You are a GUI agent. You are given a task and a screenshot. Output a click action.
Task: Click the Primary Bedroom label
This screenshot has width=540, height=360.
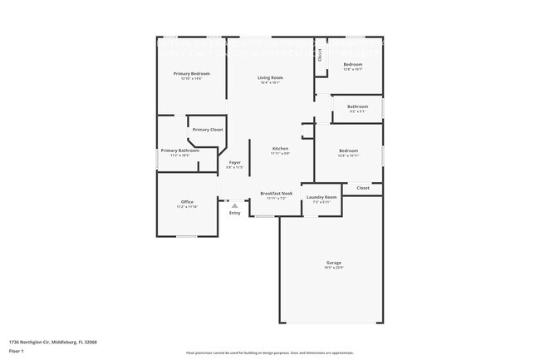[191, 74]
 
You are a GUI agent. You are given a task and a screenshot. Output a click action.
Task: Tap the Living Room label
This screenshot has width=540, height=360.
[269, 78]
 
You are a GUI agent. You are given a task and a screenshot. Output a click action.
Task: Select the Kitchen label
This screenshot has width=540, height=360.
[280, 149]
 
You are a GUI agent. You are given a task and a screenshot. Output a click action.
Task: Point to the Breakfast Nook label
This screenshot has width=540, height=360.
[276, 193]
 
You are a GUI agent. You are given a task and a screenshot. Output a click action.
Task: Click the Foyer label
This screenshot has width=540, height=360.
[235, 163]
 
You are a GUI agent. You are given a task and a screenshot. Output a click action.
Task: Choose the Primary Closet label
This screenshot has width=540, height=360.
[207, 130]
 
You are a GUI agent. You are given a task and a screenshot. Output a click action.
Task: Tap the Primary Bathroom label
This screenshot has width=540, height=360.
[180, 150]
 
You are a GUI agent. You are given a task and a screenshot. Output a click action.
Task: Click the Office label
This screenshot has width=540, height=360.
[187, 202]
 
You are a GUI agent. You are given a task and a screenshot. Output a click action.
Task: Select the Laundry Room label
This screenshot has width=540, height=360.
[321, 197]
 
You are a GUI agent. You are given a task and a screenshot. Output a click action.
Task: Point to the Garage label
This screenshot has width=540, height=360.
[332, 263]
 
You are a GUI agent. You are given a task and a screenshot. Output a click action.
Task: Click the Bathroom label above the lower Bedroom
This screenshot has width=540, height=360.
[357, 106]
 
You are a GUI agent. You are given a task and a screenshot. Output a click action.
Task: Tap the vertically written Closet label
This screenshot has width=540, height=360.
[320, 56]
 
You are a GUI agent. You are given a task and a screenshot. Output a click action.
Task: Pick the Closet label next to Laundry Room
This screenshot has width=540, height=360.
[363, 188]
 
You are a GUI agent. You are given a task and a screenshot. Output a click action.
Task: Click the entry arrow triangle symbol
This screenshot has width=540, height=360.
[234, 205]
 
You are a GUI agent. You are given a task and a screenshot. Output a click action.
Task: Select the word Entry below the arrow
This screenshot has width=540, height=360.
[234, 213]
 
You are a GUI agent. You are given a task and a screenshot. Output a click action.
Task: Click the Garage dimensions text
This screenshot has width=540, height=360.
[332, 268]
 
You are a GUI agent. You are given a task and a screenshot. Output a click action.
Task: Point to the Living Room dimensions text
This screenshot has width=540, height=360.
[269, 83]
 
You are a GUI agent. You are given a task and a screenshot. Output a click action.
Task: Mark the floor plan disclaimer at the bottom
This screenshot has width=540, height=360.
[269, 353]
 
